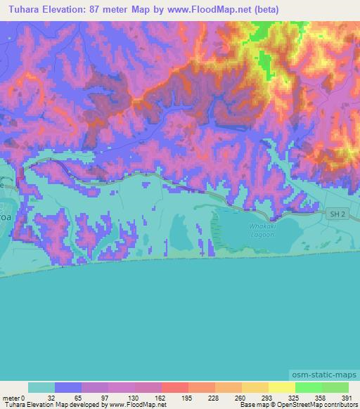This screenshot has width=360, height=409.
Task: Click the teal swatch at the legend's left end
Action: [x=41, y=387]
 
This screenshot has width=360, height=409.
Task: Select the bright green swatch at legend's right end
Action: [x=335, y=387]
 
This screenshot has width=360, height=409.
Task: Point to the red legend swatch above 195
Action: [x=175, y=387]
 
